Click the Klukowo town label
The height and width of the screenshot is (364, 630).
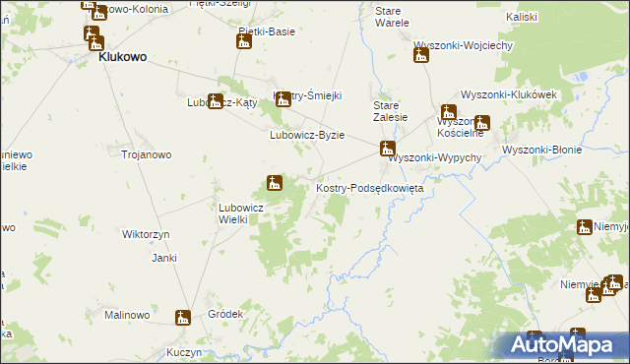[121, 57]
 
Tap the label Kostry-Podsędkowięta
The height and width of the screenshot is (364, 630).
[368, 187]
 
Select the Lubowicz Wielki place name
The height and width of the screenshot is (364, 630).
[239, 213]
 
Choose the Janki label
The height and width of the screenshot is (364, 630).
[163, 258]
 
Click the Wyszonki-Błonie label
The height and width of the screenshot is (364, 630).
[541, 150]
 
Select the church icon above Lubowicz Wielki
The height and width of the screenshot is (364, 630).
[275, 182]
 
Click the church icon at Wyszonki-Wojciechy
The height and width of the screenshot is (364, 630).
[421, 54]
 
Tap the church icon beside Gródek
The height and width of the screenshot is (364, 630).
[183, 317]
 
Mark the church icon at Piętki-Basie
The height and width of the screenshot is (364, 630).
[244, 39]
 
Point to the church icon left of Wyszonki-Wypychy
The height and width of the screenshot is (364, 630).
[389, 150]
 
